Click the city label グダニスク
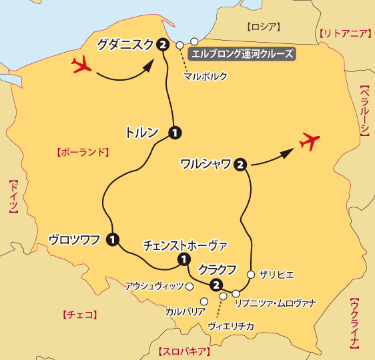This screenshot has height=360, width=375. [x=125, y=45]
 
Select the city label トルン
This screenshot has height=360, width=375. [x=141, y=132]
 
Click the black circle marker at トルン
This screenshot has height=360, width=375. [x=175, y=132]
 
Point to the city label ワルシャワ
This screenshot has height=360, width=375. [x=206, y=163]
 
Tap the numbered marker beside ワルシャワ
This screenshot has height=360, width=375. [x=240, y=163]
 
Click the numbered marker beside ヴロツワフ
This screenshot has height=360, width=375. [x=113, y=239]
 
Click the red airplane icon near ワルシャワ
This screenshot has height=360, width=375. [x=308, y=142]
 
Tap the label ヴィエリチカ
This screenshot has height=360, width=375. [x=230, y=326]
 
